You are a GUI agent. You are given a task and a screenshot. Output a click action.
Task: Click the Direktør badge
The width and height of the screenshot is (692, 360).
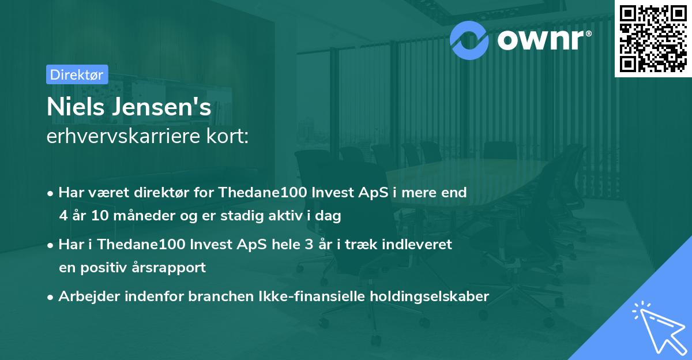tap(77, 74)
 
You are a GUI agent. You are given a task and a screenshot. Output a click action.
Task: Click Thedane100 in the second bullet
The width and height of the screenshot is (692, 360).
tap(141, 245)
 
